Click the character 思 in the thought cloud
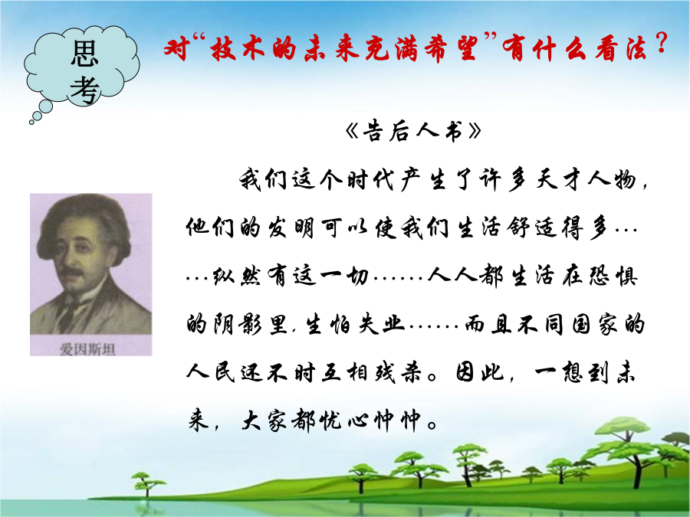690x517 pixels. pos(84,54)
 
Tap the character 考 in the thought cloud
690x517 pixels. pos(84,90)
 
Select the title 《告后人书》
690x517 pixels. pos(414,131)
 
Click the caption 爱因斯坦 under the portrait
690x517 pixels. pos(87,349)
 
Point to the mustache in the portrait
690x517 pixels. pos(72,273)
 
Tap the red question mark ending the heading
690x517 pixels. pos(661,44)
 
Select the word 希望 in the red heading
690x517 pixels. pos(451,48)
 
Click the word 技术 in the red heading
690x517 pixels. pos(238,48)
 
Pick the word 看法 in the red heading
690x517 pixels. pos(621,48)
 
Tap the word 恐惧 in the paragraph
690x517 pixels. pos(613,276)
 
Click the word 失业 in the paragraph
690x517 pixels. pos(381,325)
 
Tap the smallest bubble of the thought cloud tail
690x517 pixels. pos(31,123)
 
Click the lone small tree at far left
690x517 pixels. pos(145,483)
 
